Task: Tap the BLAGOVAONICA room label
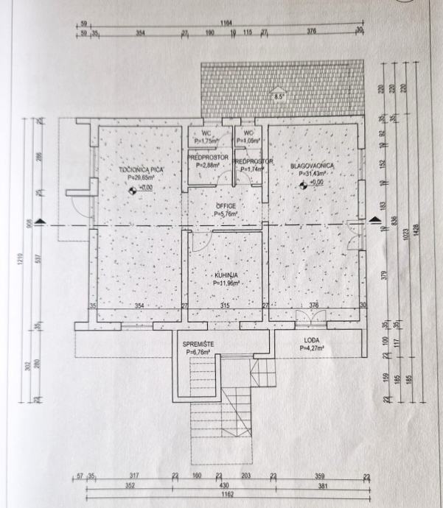[x=311, y=166]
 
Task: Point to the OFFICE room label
[x=226, y=206]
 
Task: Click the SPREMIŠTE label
[x=198, y=345]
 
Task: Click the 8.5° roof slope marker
[x=279, y=96]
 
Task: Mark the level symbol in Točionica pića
[x=133, y=189]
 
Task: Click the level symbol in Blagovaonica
[x=301, y=184]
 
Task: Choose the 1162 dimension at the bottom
[x=225, y=494]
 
